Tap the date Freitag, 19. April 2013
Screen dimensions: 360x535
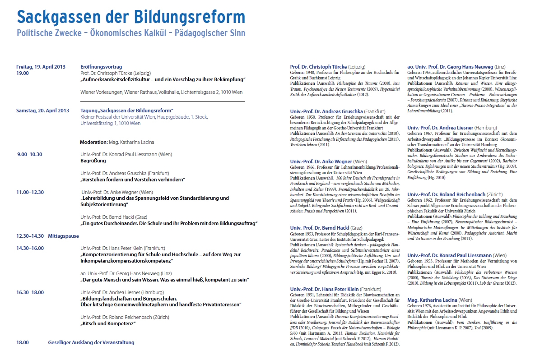(41, 67)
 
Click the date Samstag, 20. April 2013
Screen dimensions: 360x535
(42, 111)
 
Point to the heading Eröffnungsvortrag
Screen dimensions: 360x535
(101, 67)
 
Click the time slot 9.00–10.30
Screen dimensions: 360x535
(30, 154)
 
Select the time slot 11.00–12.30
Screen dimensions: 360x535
(30, 192)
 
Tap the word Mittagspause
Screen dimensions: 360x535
(63, 236)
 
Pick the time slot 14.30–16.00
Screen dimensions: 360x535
(30, 248)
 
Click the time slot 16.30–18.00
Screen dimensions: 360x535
(30, 292)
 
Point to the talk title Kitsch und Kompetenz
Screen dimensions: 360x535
(108, 323)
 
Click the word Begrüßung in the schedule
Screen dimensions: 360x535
(93, 161)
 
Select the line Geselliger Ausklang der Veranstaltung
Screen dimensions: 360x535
(91, 342)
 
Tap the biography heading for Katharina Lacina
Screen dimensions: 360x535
(439, 300)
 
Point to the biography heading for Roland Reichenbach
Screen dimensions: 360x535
(455, 194)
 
